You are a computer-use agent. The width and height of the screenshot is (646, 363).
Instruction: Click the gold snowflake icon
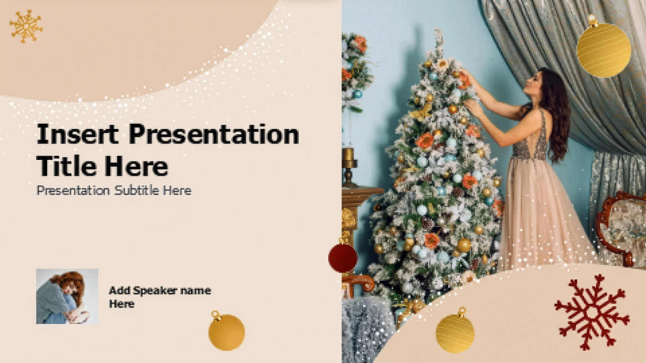coord(26,26)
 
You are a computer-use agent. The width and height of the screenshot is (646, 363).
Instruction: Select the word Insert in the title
coord(78,134)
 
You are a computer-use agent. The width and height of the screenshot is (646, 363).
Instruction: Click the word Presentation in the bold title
coord(214,134)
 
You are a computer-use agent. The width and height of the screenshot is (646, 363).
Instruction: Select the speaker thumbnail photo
coord(67,296)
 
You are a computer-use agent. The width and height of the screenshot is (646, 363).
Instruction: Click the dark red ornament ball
coord(343,257)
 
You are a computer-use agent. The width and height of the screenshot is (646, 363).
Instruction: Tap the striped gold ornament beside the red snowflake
coord(455,333)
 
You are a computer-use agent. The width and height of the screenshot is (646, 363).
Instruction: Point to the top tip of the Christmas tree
coord(437,30)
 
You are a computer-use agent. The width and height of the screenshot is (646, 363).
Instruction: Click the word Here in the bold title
coord(136,166)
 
